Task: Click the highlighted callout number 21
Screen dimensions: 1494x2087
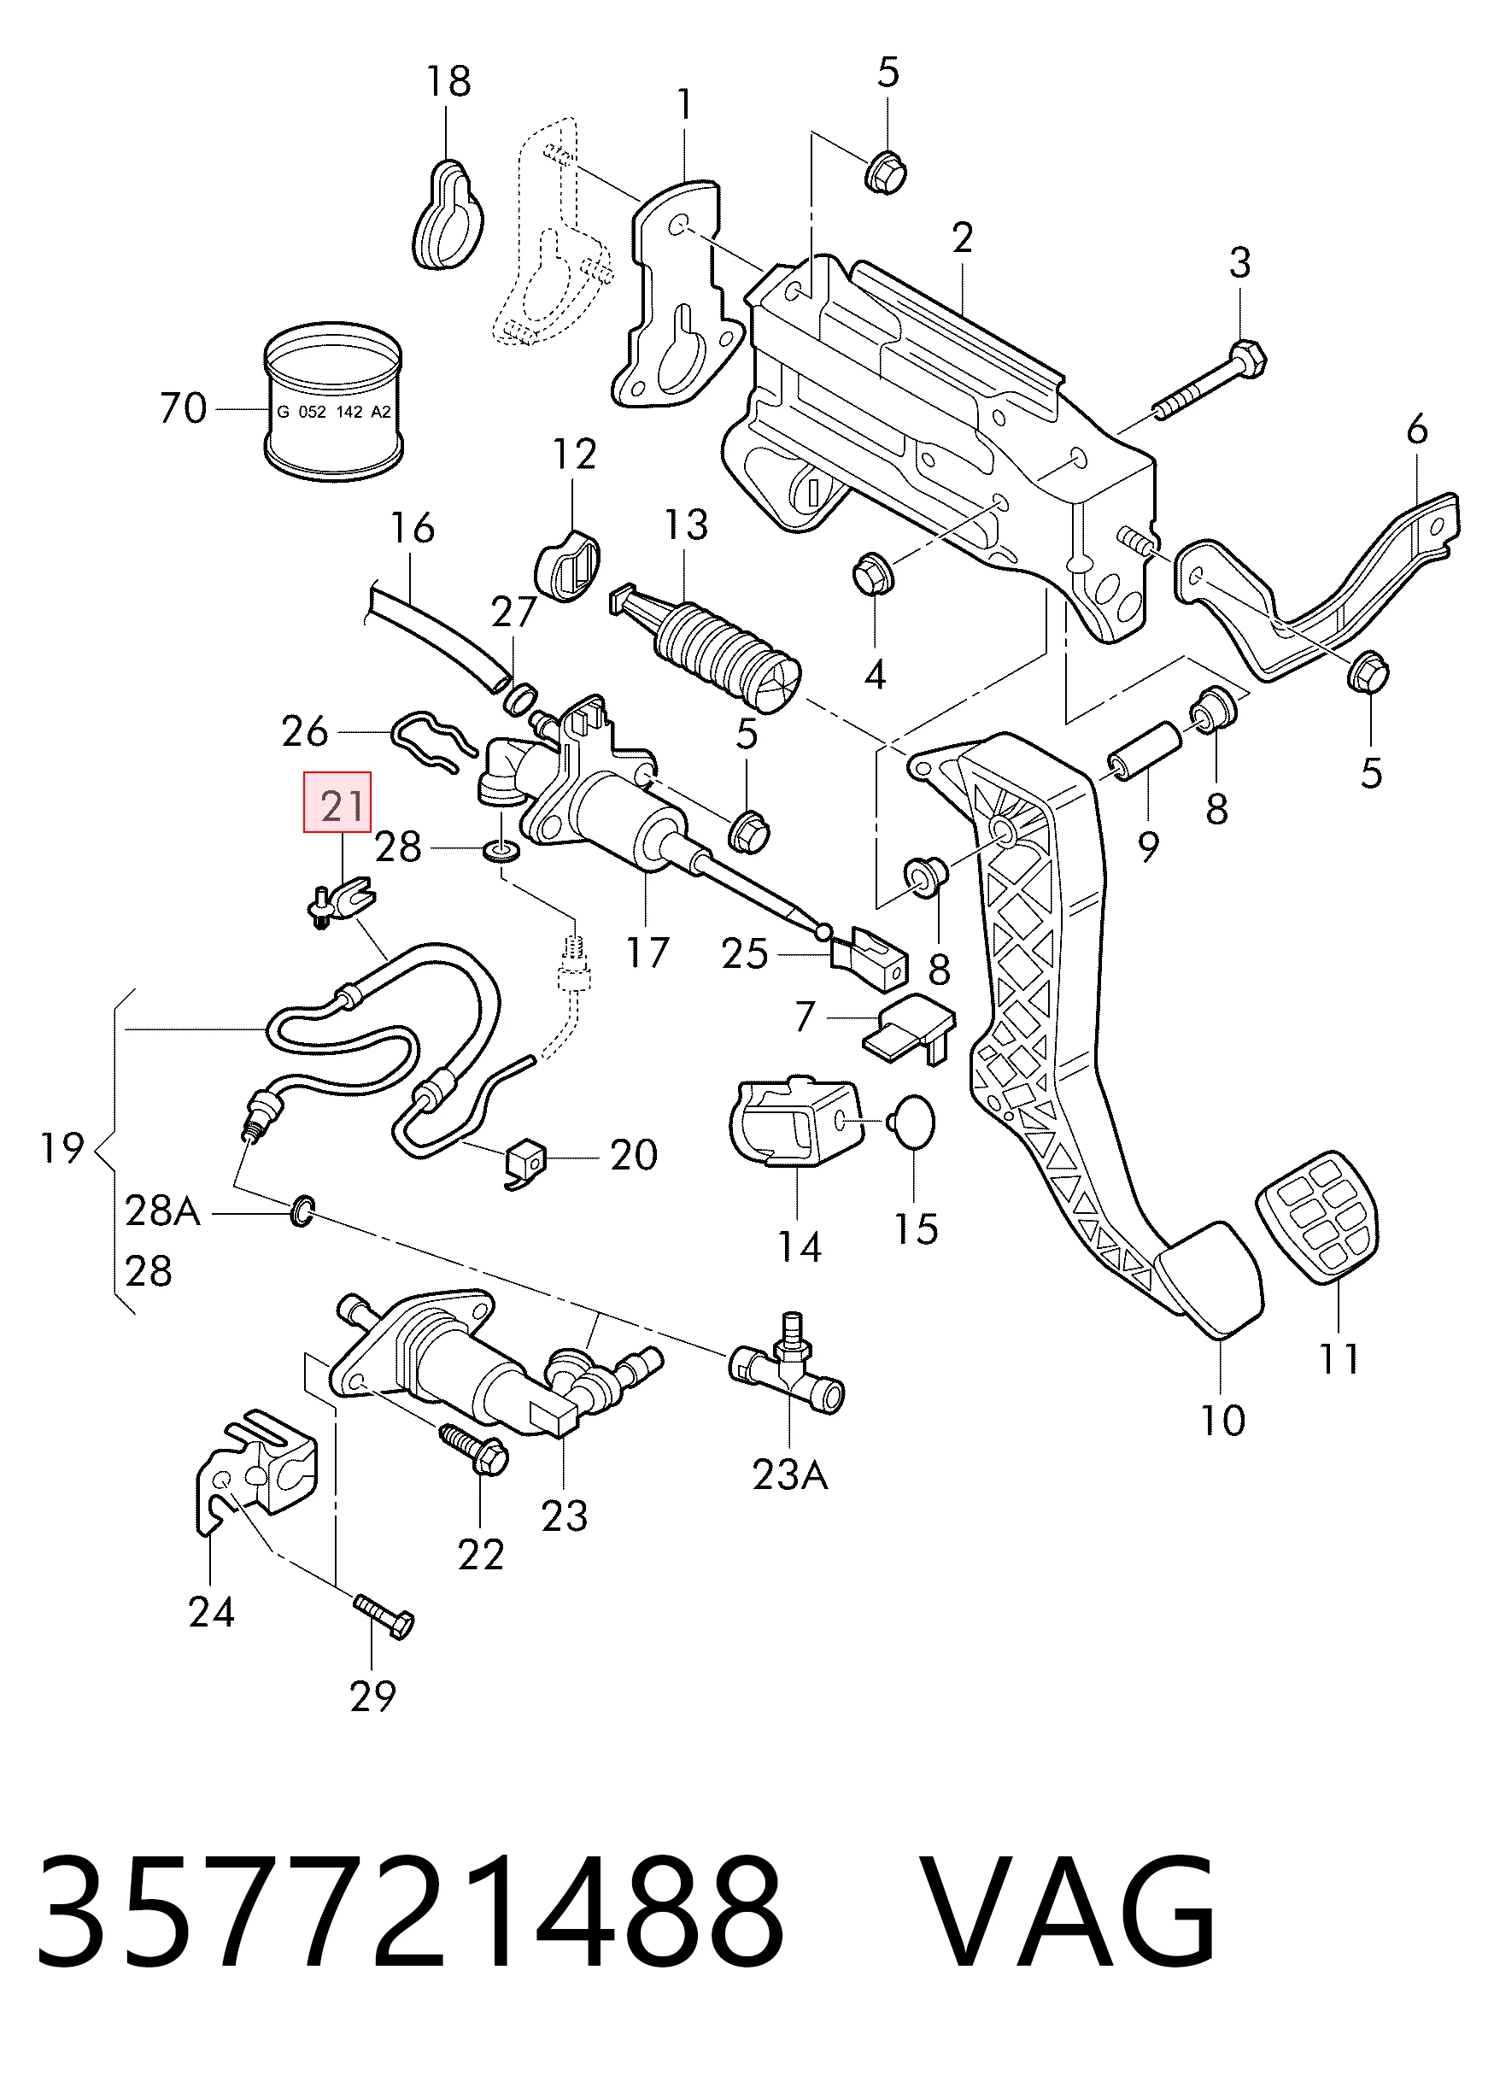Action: pyautogui.click(x=343, y=807)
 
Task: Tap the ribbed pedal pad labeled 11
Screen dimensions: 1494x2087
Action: pyautogui.click(x=1319, y=1216)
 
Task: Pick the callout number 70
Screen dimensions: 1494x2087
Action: pyautogui.click(x=183, y=407)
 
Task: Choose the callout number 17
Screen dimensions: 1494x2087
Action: pyautogui.click(x=647, y=953)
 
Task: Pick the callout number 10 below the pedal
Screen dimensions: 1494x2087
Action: pyautogui.click(x=1222, y=1421)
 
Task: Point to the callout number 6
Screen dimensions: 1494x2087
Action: pyautogui.click(x=1417, y=430)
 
